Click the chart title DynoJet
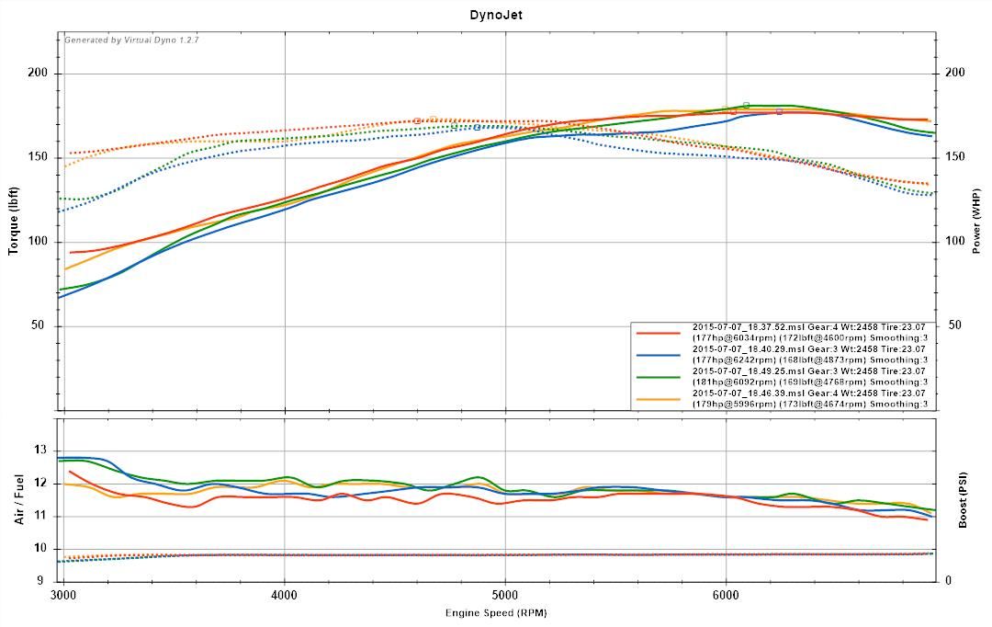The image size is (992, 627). pyautogui.click(x=496, y=15)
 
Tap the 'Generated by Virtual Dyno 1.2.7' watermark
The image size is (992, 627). pyautogui.click(x=131, y=40)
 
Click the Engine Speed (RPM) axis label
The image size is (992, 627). pyautogui.click(x=497, y=613)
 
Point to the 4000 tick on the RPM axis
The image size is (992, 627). pyautogui.click(x=285, y=596)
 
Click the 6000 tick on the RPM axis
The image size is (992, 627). pyautogui.click(x=727, y=596)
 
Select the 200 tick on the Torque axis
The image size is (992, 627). pyautogui.click(x=39, y=74)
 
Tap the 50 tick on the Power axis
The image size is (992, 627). pyautogui.click(x=955, y=325)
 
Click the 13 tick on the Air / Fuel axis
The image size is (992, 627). pyautogui.click(x=39, y=450)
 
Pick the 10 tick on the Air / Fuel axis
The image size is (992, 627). pyautogui.click(x=39, y=548)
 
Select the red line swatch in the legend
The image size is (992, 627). pyautogui.click(x=658, y=332)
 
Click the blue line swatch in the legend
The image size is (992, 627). pyautogui.click(x=658, y=354)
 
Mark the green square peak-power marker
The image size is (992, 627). pyautogui.click(x=746, y=105)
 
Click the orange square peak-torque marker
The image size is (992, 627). pyautogui.click(x=434, y=119)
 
